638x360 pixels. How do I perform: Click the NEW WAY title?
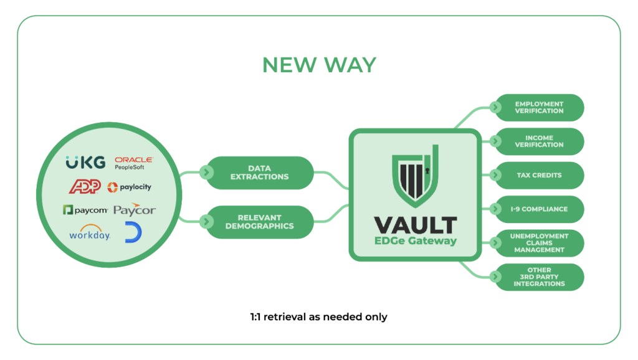click(319, 65)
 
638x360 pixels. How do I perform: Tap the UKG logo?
click(85, 163)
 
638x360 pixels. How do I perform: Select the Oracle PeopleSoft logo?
click(133, 163)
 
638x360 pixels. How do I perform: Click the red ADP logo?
click(85, 186)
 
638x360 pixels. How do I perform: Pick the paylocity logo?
click(130, 187)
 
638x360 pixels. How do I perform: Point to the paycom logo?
click(85, 210)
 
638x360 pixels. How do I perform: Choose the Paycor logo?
click(135, 210)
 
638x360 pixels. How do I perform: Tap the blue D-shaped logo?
click(133, 232)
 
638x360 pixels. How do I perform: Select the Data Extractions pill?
click(259, 173)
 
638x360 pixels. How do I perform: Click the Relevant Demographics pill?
click(259, 222)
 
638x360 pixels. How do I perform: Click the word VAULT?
click(415, 225)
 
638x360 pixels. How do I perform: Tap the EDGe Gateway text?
click(415, 241)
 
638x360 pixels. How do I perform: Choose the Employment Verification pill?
click(538, 108)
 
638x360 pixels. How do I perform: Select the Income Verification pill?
click(538, 141)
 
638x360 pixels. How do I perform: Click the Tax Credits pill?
click(538, 176)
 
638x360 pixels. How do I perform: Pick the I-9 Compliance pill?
click(538, 209)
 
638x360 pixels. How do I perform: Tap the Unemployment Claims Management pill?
click(538, 243)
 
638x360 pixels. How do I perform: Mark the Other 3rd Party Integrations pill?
click(538, 277)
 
